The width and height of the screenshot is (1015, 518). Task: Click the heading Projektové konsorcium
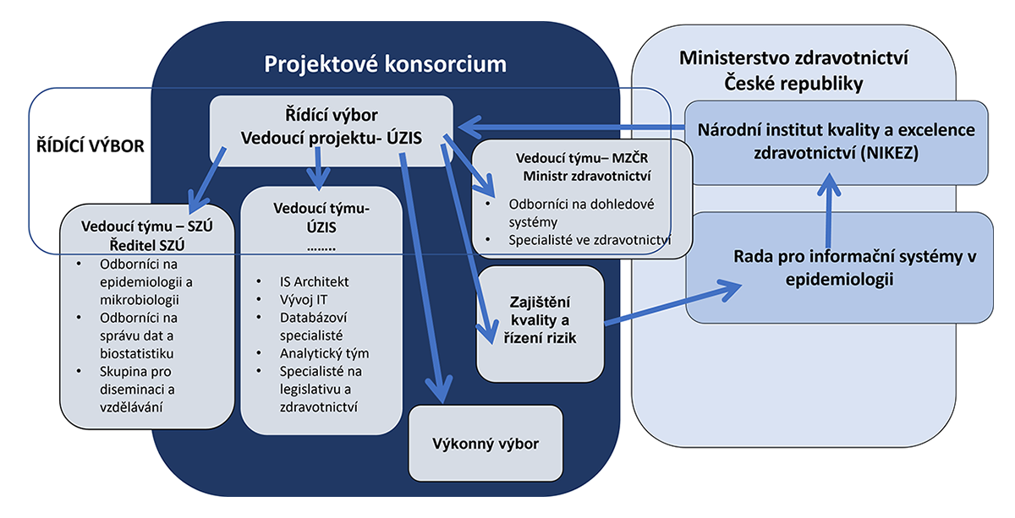click(385, 64)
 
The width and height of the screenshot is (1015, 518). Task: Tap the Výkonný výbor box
click(485, 444)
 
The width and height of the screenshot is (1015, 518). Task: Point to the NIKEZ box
click(836, 141)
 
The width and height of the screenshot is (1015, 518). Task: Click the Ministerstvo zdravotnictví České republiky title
click(793, 72)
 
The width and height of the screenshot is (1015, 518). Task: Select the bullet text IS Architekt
click(314, 282)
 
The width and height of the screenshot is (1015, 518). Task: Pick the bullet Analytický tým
click(324, 354)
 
